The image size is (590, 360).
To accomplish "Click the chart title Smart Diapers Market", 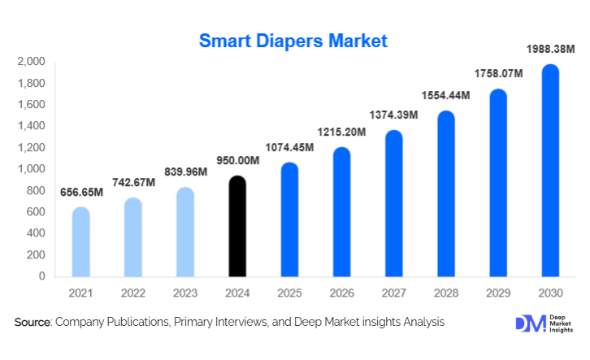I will pos(294,40).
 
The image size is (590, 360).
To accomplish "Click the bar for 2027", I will pos(394,203).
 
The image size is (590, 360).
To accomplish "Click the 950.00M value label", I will pos(236,162).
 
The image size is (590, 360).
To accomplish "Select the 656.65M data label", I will pos(81,193).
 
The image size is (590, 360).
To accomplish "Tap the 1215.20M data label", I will pos(341,132).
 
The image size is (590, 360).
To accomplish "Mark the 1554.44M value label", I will pos(445,96).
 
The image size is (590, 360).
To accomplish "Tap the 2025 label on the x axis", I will pos(289,292).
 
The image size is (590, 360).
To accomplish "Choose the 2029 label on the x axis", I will pos(498,292).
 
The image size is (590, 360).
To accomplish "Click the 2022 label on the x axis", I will pos(133,292).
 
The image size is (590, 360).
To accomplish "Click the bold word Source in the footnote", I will pos(33,323).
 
